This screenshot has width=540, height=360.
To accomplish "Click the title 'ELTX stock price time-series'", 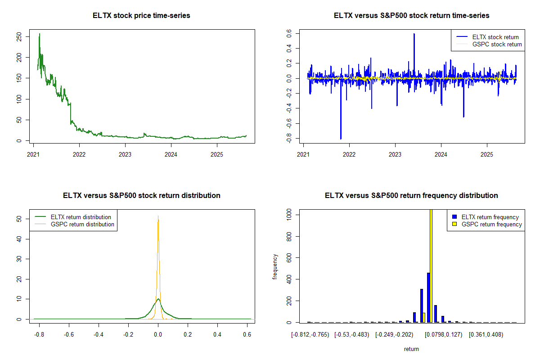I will [141, 16].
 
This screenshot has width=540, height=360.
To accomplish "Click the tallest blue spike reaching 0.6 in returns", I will [414, 34].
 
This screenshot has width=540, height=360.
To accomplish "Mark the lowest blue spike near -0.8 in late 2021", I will [341, 138].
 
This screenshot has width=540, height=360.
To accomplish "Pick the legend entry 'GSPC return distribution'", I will [82, 224].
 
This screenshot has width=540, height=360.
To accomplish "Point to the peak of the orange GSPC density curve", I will [158, 216].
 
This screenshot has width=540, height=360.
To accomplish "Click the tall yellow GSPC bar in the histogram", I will [431, 265].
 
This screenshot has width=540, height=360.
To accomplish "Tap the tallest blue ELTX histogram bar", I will [428, 297].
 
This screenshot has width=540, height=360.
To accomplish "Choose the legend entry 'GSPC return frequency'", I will [491, 224].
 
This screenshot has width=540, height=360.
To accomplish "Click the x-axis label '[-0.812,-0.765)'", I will [310, 335].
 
